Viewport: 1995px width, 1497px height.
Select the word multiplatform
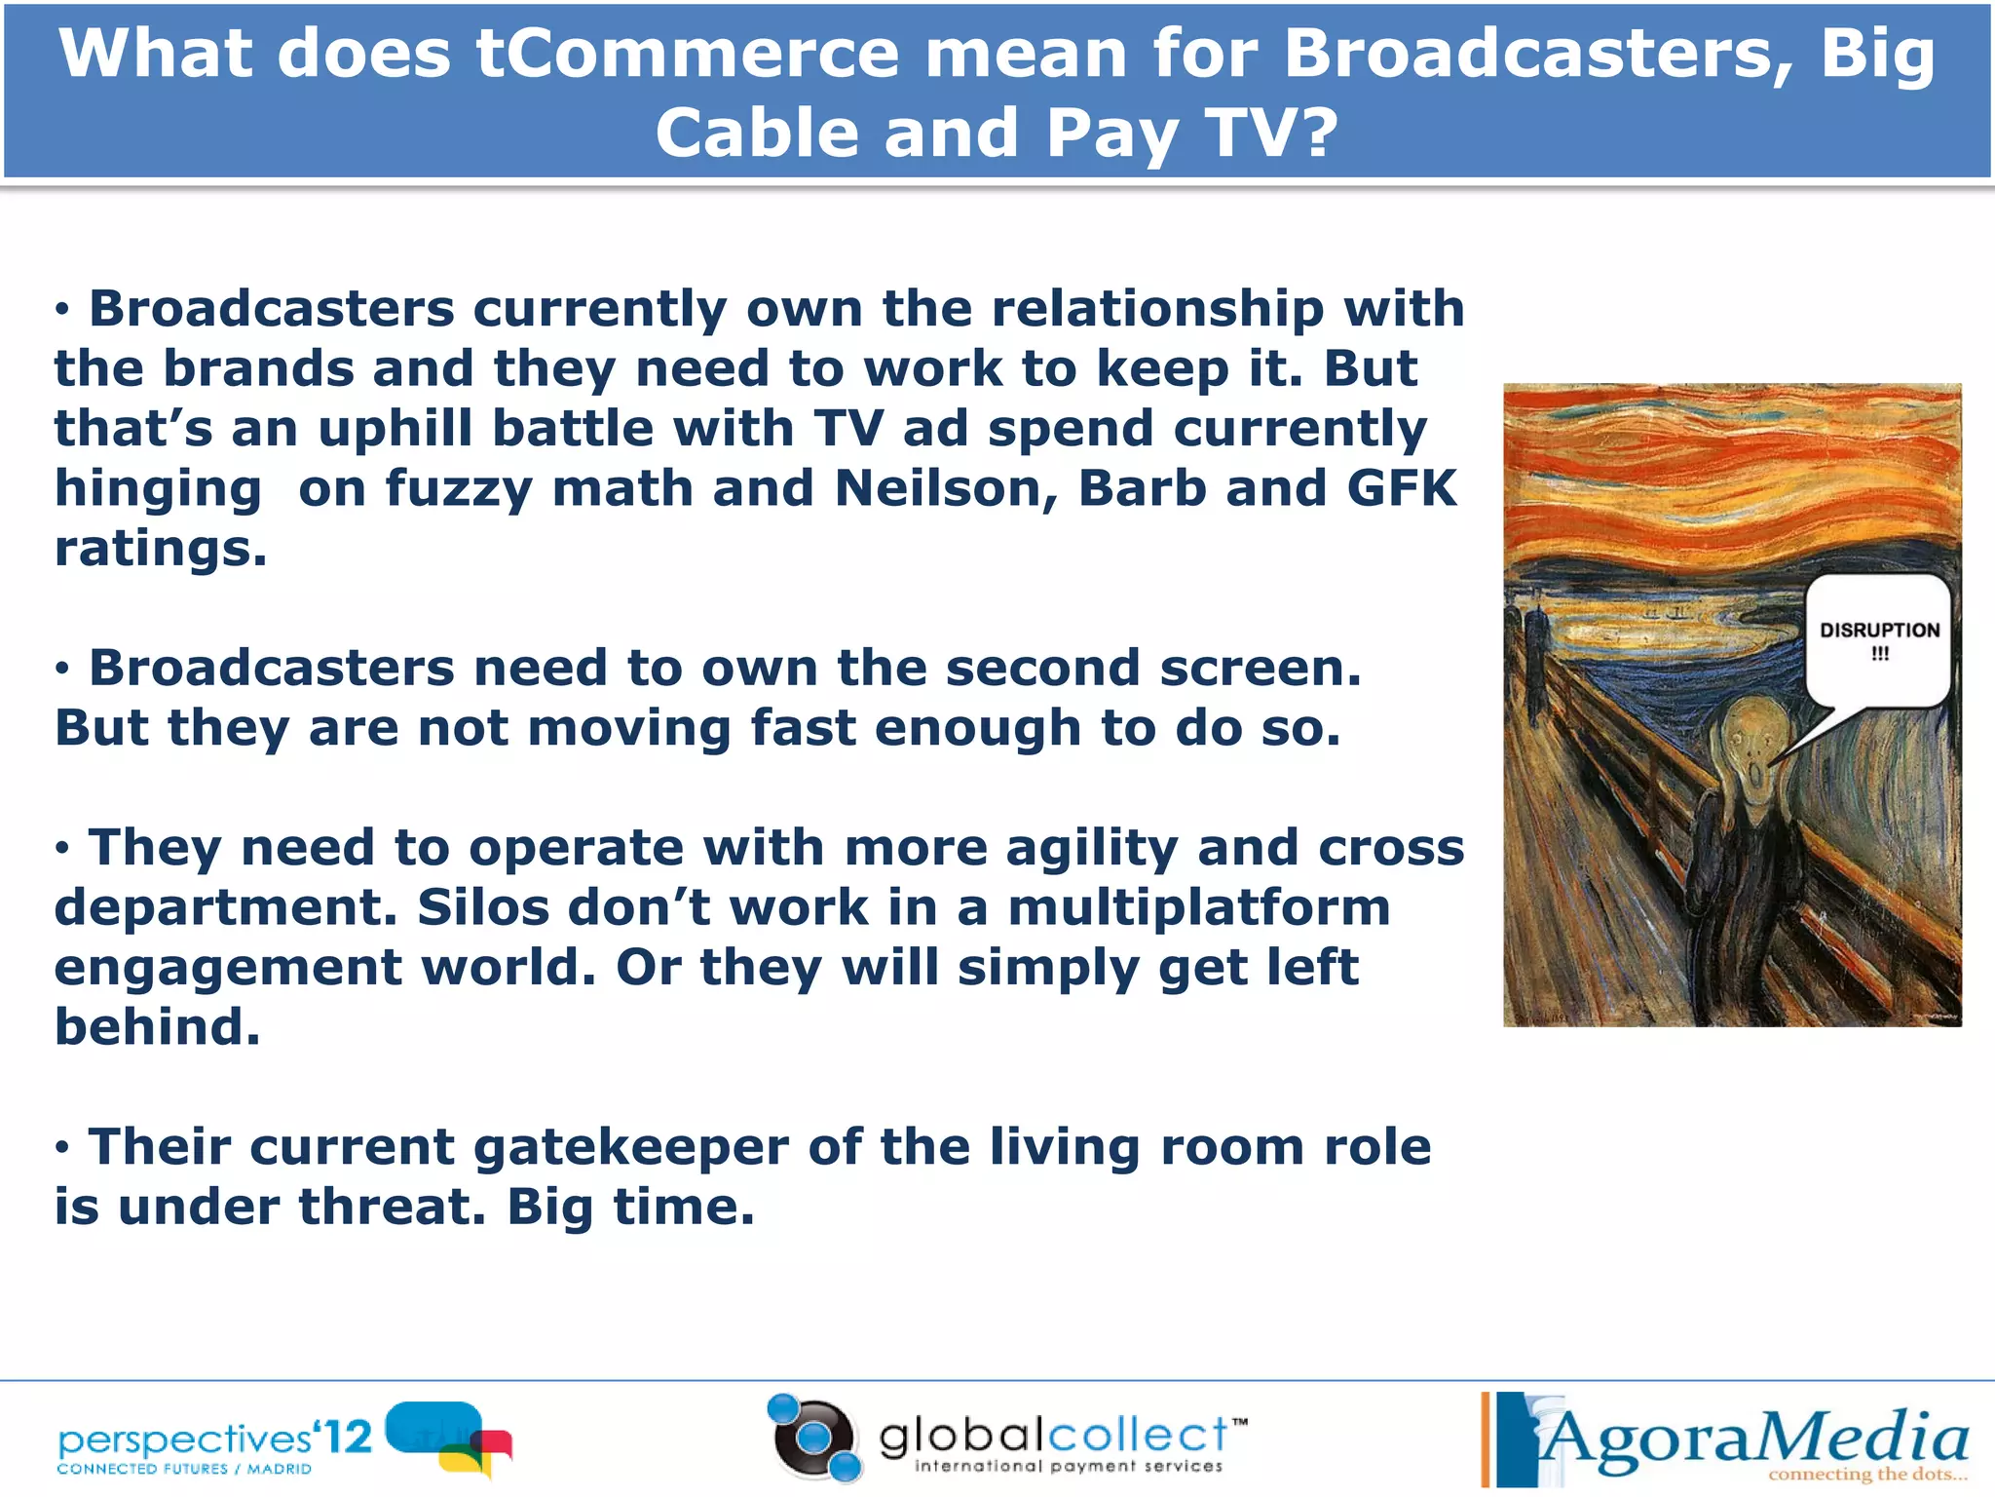pos(1198,907)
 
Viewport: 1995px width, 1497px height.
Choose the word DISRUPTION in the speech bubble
pos(1879,631)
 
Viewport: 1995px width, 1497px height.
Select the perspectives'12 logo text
pos(214,1439)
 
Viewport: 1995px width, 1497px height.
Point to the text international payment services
pos(1068,1466)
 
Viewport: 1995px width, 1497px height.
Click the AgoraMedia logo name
pos(1753,1439)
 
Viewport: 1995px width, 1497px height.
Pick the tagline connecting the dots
pos(1866,1474)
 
